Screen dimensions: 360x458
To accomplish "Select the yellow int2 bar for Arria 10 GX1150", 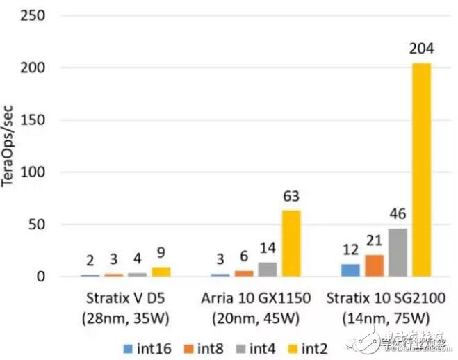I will pyautogui.click(x=291, y=243).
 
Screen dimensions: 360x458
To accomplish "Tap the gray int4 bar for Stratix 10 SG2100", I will pyautogui.click(x=398, y=252).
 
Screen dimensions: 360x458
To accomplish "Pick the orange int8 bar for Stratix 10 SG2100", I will pyautogui.click(x=374, y=265).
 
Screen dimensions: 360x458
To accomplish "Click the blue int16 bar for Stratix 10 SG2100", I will pyautogui.click(x=351, y=270).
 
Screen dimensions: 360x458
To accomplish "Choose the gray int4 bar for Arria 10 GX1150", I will pyautogui.click(x=268, y=269).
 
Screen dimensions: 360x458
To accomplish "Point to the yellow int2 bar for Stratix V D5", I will pyautogui.click(x=161, y=272).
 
